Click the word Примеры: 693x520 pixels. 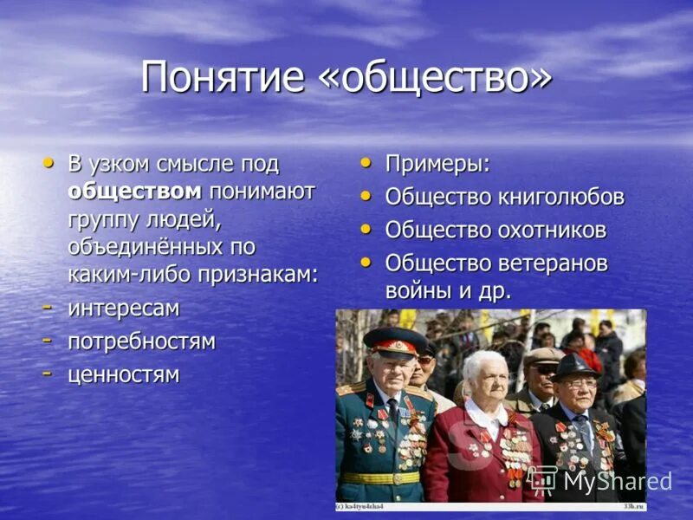(x=437, y=165)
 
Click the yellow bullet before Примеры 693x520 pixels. (x=367, y=162)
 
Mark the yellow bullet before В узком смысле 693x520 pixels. (x=49, y=162)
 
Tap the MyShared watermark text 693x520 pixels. (x=617, y=481)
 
